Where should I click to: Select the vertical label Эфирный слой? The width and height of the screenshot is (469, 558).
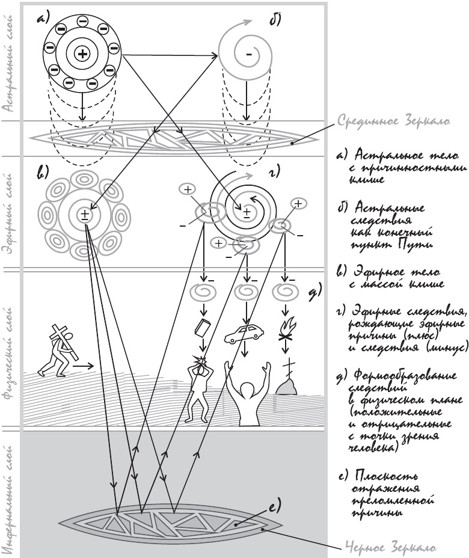(10, 213)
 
